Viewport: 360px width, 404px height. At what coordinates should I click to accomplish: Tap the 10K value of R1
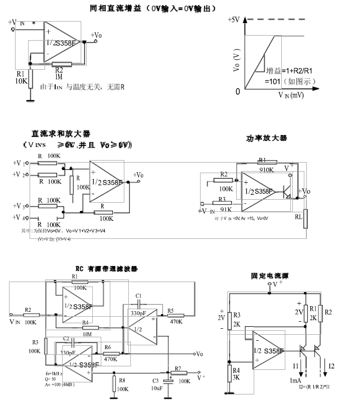tap(21, 81)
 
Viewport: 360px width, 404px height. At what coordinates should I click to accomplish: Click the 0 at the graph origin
tap(238, 91)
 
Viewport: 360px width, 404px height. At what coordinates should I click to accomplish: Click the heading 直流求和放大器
tap(60, 134)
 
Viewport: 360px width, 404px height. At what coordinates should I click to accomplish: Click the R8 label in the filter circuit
tap(122, 381)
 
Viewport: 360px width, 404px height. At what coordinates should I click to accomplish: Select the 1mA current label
tap(295, 380)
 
